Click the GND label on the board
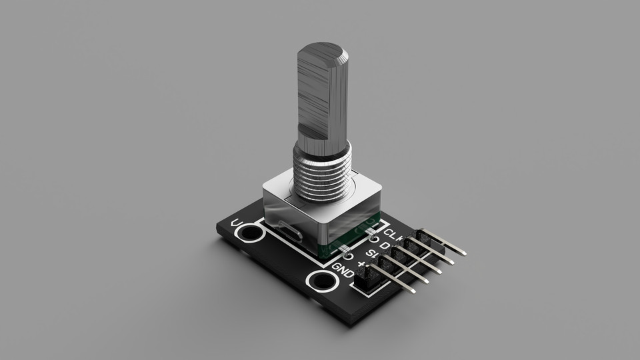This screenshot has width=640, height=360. pyautogui.click(x=343, y=271)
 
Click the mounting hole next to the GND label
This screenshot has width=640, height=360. pyautogui.click(x=323, y=281)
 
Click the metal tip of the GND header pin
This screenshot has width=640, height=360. pyautogui.click(x=413, y=291)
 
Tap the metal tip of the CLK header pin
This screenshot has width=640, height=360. pyautogui.click(x=463, y=254)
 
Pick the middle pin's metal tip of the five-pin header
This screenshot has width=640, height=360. pyautogui.click(x=439, y=272)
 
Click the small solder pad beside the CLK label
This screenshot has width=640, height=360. pyautogui.click(x=374, y=239)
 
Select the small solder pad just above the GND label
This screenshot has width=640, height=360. pyautogui.click(x=347, y=256)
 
